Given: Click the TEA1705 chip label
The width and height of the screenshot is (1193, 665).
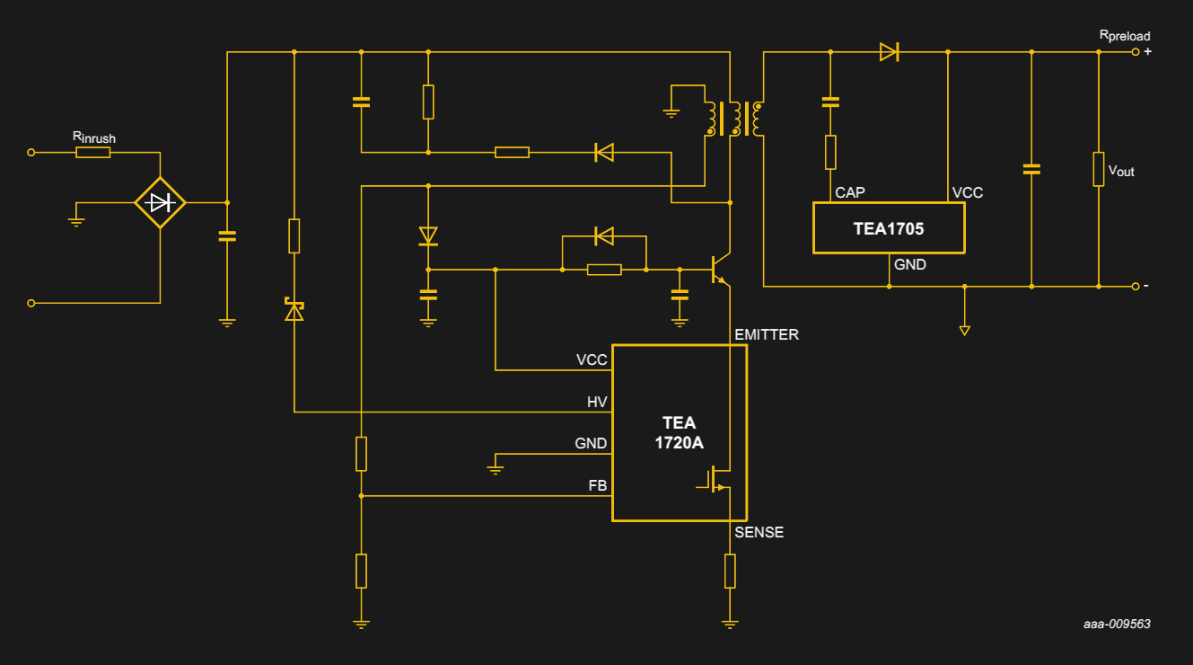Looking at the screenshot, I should point(888,228).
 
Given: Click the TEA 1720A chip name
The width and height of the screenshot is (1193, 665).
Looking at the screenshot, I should point(679,432).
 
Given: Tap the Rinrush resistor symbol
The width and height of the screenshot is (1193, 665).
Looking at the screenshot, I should point(93,153).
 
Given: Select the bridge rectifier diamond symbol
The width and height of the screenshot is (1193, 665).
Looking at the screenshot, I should point(160,203).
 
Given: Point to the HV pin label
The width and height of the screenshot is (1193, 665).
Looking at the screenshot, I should point(597,403).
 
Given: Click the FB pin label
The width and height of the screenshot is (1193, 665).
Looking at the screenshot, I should point(597,486).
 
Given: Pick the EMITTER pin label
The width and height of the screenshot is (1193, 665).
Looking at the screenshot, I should point(766,335).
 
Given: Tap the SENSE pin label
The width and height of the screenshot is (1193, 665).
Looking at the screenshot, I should point(759,533).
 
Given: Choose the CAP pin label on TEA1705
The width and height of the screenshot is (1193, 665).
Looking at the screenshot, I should point(849,193).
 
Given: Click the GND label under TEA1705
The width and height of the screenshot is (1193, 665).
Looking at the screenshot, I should point(909,265).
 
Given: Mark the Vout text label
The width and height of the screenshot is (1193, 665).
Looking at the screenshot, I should point(1121,170).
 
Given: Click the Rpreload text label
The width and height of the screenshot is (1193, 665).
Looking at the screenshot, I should point(1124,36).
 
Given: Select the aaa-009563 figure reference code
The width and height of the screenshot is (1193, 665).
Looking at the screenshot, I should point(1117,624).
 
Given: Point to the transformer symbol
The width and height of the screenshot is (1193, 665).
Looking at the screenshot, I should point(734,118).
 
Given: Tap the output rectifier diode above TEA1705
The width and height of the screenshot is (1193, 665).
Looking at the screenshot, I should point(889,52).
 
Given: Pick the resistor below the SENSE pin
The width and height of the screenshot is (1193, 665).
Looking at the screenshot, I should point(730,571).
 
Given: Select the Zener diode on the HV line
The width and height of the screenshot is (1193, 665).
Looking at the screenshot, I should point(294,309).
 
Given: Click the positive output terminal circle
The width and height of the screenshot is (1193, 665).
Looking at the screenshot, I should point(1135,52).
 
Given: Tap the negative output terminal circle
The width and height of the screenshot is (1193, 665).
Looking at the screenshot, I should point(1135,287).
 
